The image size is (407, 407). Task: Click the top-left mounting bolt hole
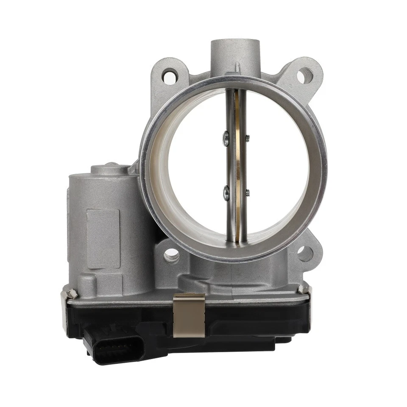click(170, 76)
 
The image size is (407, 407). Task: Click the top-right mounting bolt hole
click(304, 76)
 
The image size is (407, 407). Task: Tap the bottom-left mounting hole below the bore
click(171, 255)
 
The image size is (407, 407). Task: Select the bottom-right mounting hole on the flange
click(304, 254)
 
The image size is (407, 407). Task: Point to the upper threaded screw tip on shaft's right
click(248, 137)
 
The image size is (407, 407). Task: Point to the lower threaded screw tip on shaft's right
click(248, 193)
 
